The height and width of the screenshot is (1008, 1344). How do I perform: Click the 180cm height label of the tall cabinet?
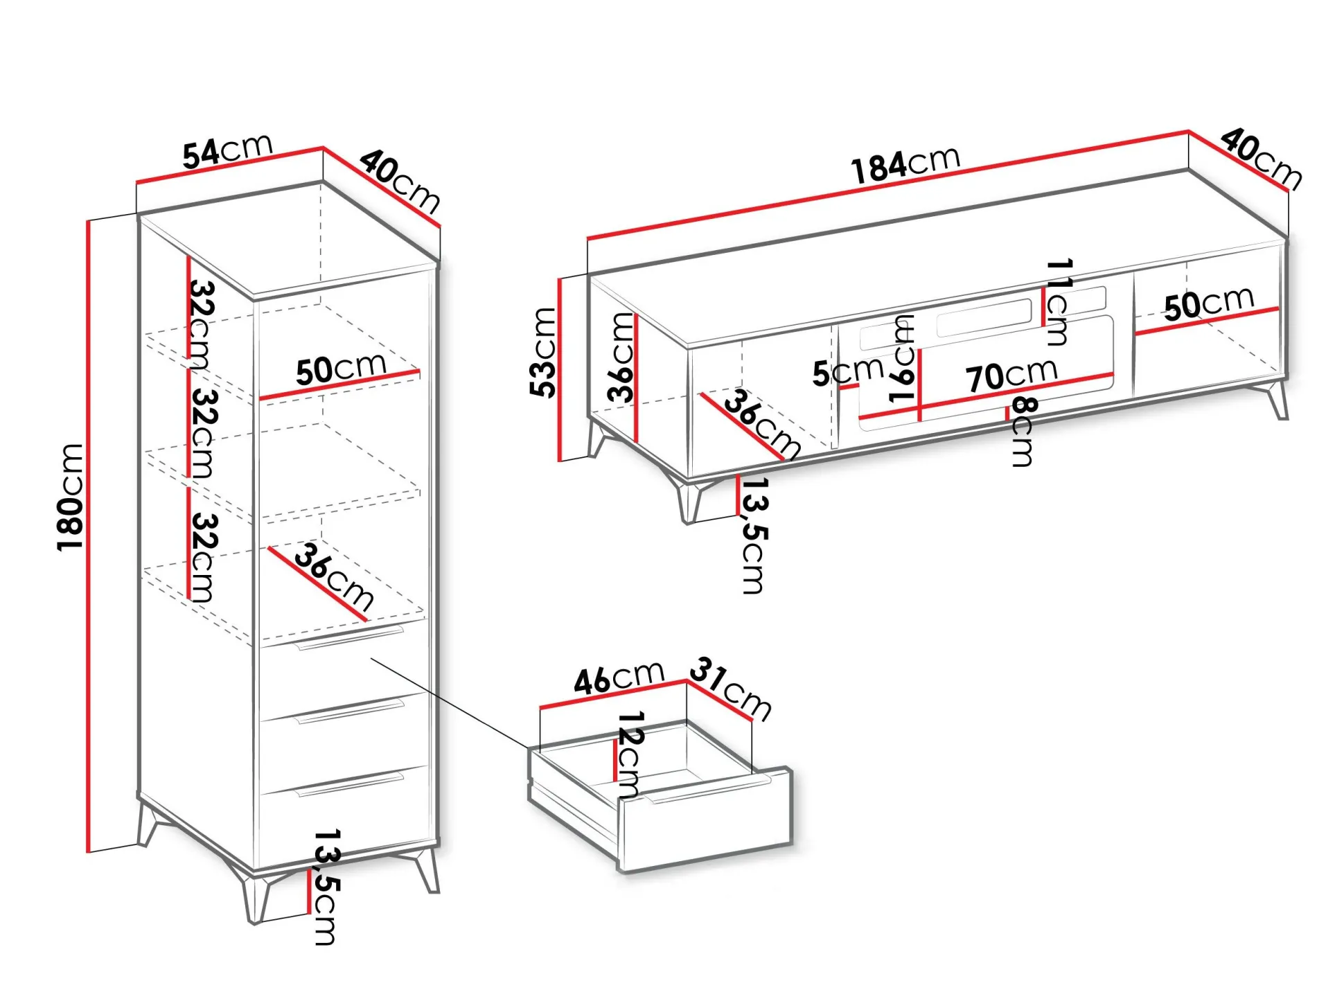coord(70,497)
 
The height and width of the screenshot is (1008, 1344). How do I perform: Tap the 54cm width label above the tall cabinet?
coord(227,151)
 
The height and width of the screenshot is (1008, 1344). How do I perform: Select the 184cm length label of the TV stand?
coord(905,165)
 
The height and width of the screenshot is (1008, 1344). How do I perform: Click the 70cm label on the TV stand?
coord(1012,375)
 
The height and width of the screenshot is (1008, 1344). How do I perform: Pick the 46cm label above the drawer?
coord(619,677)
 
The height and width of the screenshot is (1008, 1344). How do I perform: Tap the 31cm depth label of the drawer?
coord(731,688)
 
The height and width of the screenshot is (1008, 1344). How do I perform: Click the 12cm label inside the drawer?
coord(629,753)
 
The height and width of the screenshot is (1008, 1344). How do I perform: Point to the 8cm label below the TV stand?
coord(1023,431)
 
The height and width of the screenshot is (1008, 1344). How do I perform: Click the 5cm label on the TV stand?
coord(848,371)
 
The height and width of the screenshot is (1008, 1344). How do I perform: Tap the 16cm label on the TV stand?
coord(902,359)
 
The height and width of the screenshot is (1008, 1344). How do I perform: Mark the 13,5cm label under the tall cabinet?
coord(326,886)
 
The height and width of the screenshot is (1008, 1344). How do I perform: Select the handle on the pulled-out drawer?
coord(707,790)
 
